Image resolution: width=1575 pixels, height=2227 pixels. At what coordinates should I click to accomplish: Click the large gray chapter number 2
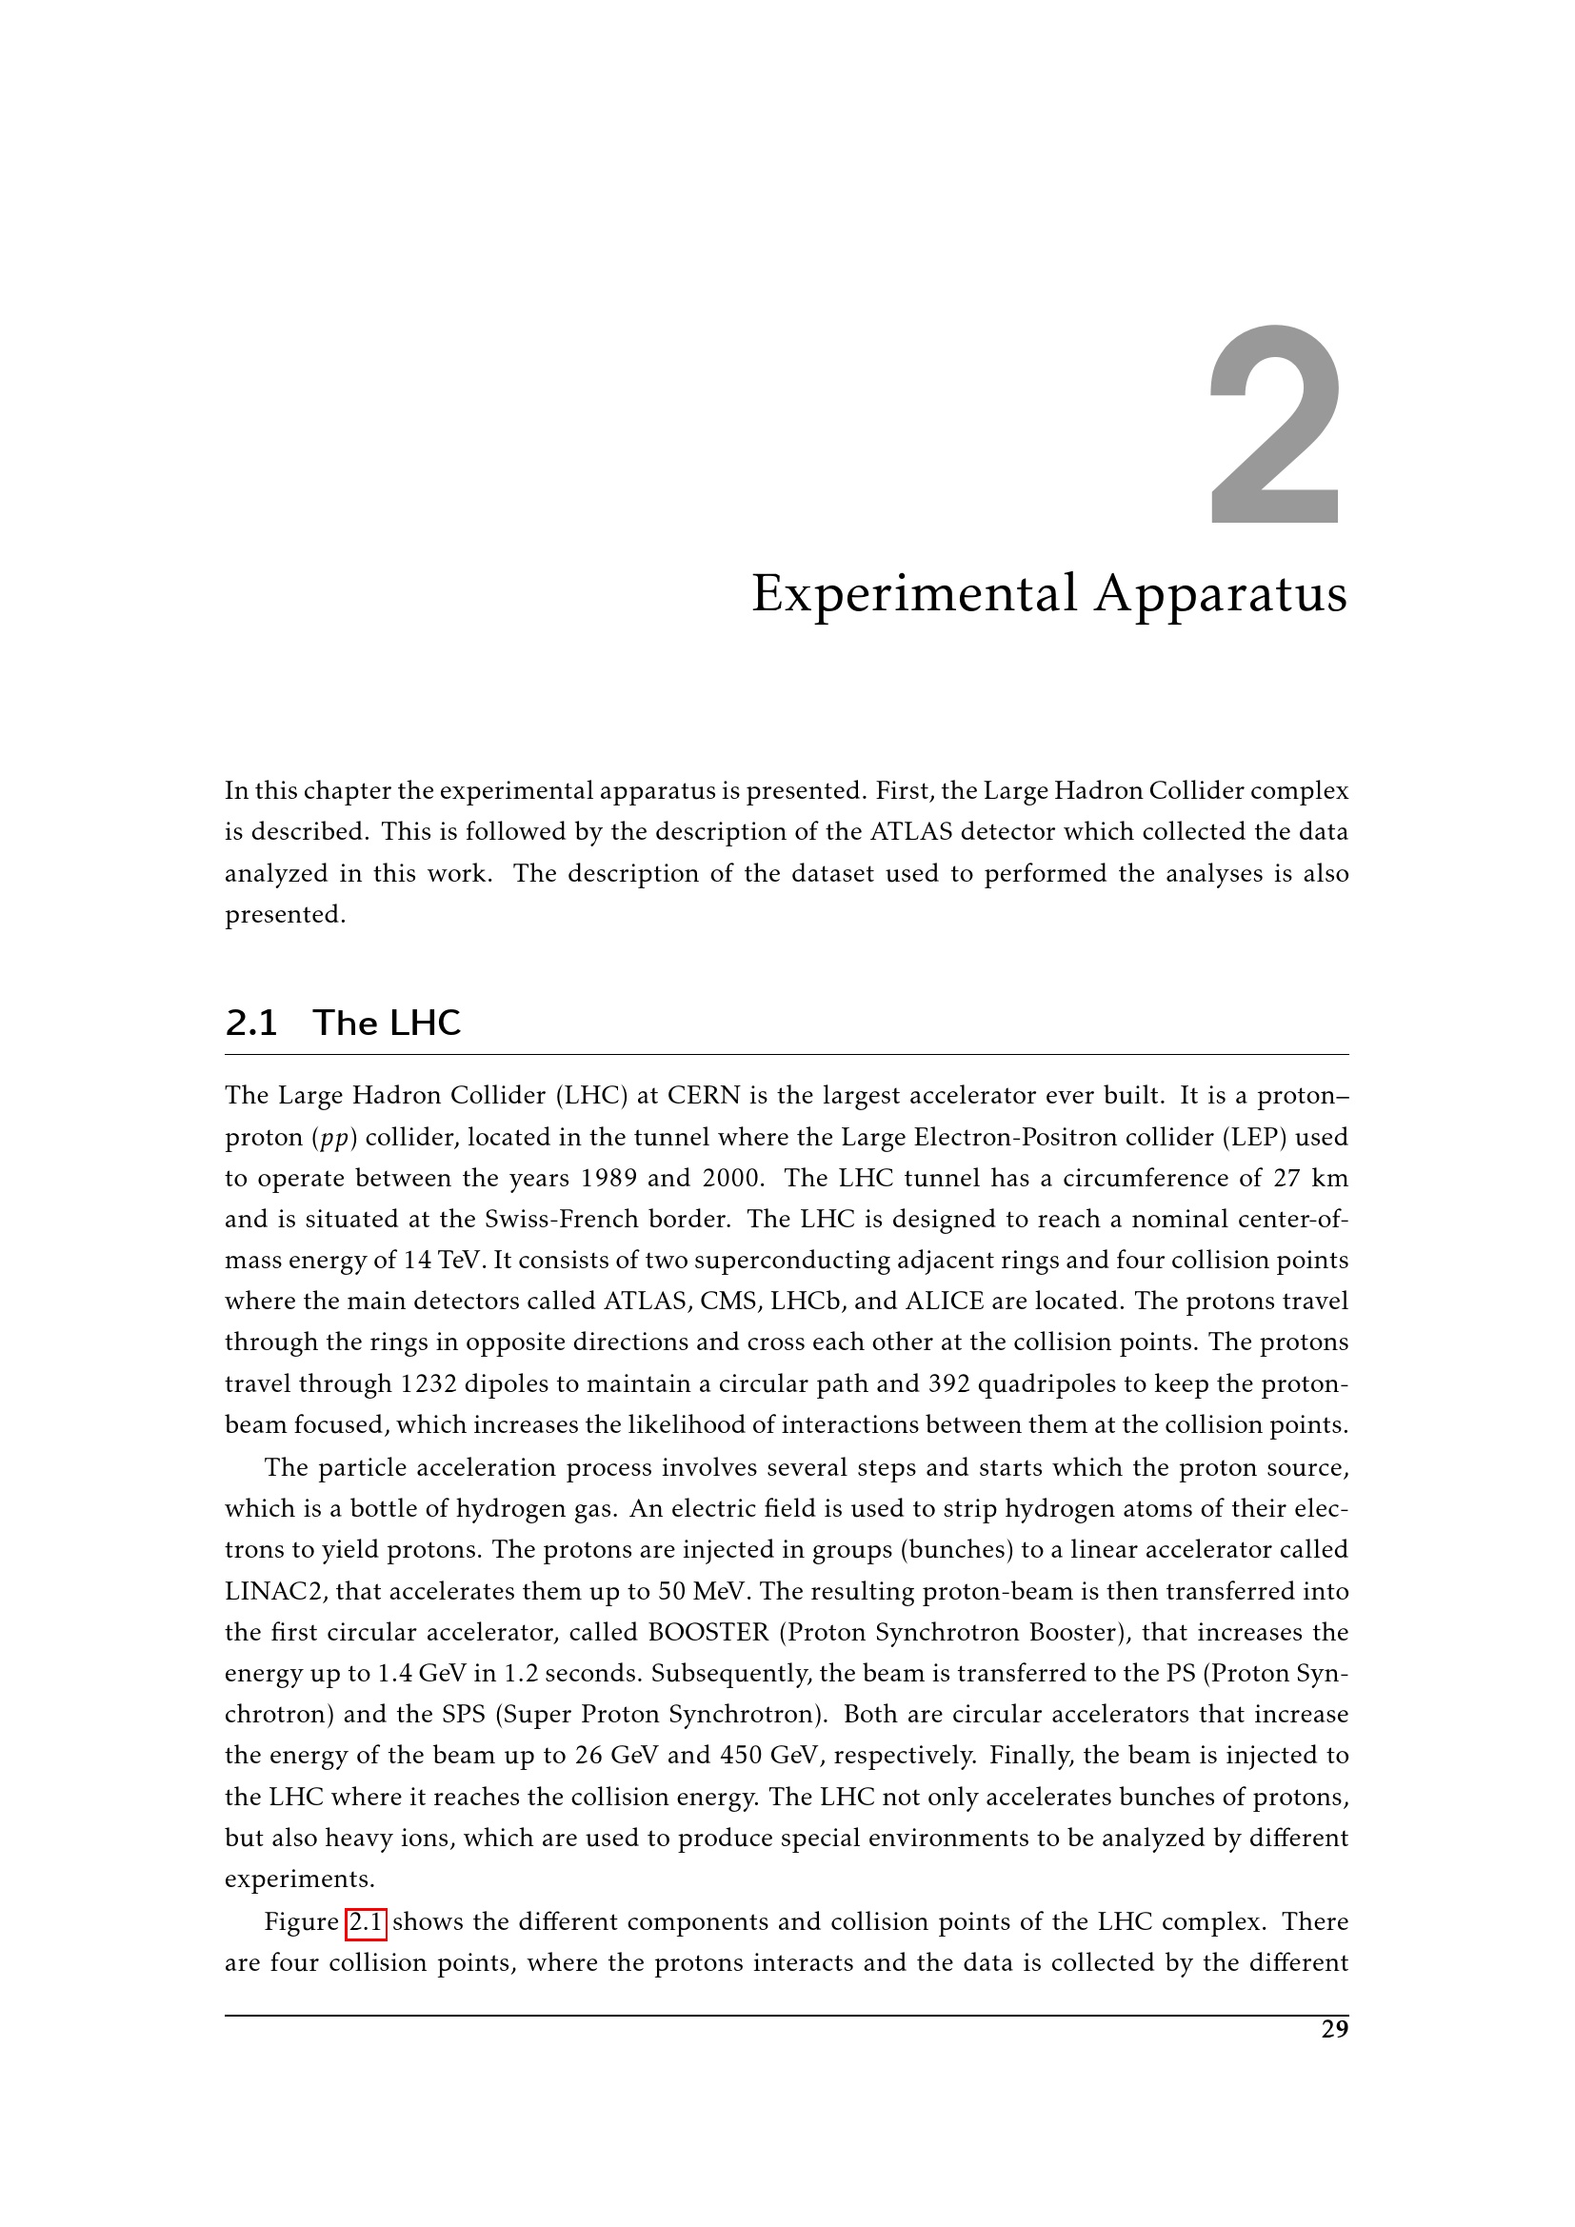point(1276,427)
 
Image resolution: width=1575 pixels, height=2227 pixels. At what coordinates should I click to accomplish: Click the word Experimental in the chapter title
point(914,593)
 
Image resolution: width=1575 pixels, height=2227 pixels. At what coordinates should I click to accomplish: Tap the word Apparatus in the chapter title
point(1221,593)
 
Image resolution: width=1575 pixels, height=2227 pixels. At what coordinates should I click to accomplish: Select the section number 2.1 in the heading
point(251,1024)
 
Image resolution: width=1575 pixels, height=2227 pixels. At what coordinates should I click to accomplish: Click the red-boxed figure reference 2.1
point(366,1922)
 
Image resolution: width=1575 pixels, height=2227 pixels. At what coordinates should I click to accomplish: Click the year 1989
point(608,1178)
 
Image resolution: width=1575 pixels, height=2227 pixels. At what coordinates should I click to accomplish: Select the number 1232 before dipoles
point(428,1383)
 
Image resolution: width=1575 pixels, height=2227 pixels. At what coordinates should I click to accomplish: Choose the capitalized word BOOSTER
point(708,1633)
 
